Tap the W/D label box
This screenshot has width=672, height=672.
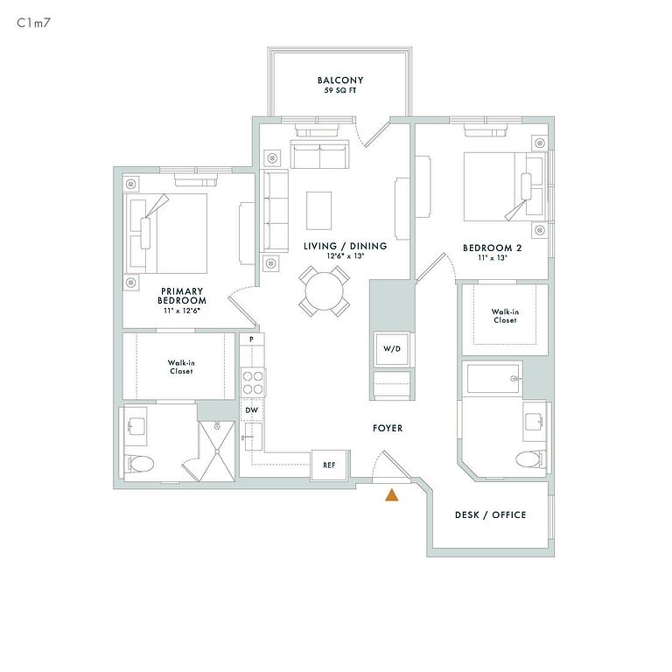click(390, 349)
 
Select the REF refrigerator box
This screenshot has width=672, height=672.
click(329, 465)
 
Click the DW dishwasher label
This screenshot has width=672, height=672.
click(252, 409)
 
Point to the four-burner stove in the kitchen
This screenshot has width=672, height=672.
click(253, 382)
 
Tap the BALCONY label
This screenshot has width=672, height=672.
click(340, 80)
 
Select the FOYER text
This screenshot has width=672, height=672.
click(387, 428)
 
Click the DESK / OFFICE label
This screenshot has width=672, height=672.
click(491, 514)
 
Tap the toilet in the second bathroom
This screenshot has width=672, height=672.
click(529, 458)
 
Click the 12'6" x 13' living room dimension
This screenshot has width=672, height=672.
click(345, 256)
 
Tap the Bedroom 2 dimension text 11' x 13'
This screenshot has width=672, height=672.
click(493, 258)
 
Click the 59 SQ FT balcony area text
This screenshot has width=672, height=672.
click(340, 91)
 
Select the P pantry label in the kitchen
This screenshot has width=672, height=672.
click(251, 339)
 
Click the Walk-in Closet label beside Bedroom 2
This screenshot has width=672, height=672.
click(503, 315)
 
